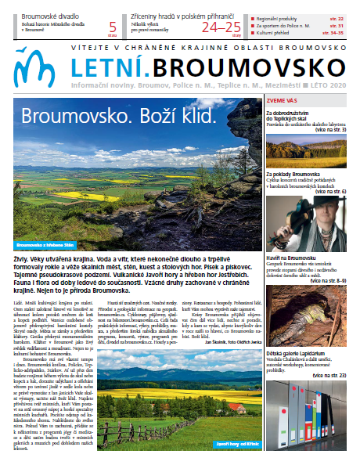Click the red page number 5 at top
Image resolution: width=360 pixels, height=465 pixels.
pyautogui.click(x=113, y=26)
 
